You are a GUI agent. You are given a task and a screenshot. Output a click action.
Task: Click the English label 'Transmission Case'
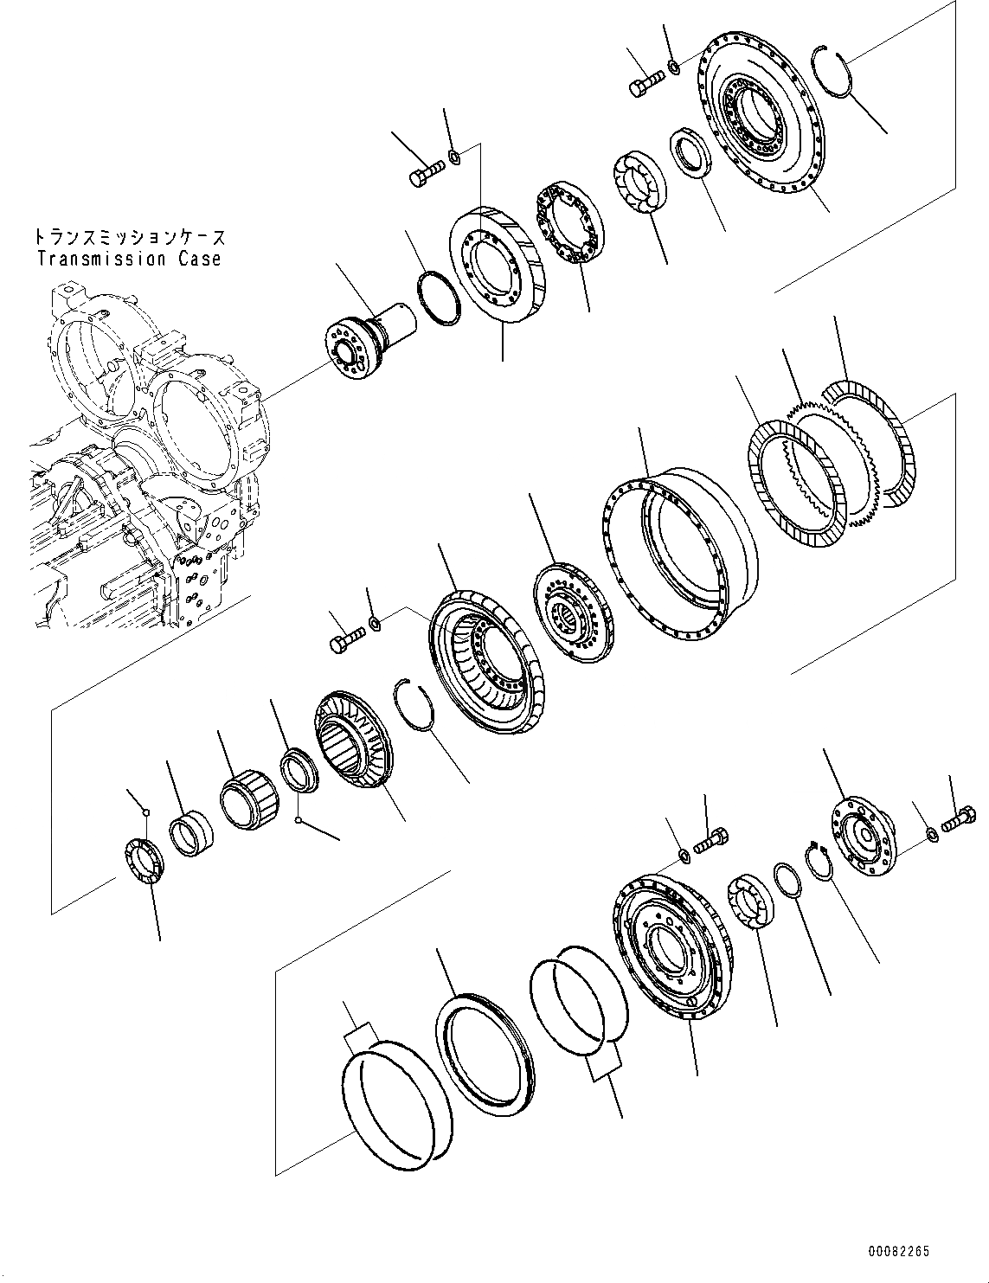point(129,259)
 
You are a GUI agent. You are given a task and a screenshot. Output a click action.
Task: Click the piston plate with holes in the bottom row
point(666,948)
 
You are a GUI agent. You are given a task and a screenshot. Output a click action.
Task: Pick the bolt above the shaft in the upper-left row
point(423,177)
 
